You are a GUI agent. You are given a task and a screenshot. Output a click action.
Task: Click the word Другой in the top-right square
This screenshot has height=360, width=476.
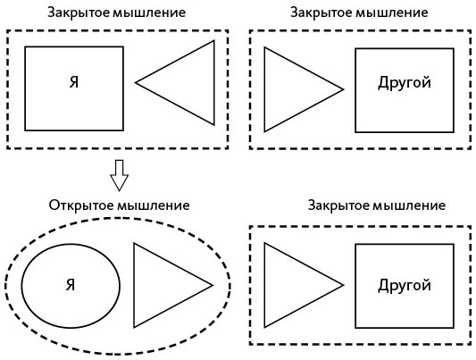click(405, 83)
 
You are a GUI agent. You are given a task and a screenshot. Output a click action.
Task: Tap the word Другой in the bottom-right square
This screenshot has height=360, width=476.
click(405, 286)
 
